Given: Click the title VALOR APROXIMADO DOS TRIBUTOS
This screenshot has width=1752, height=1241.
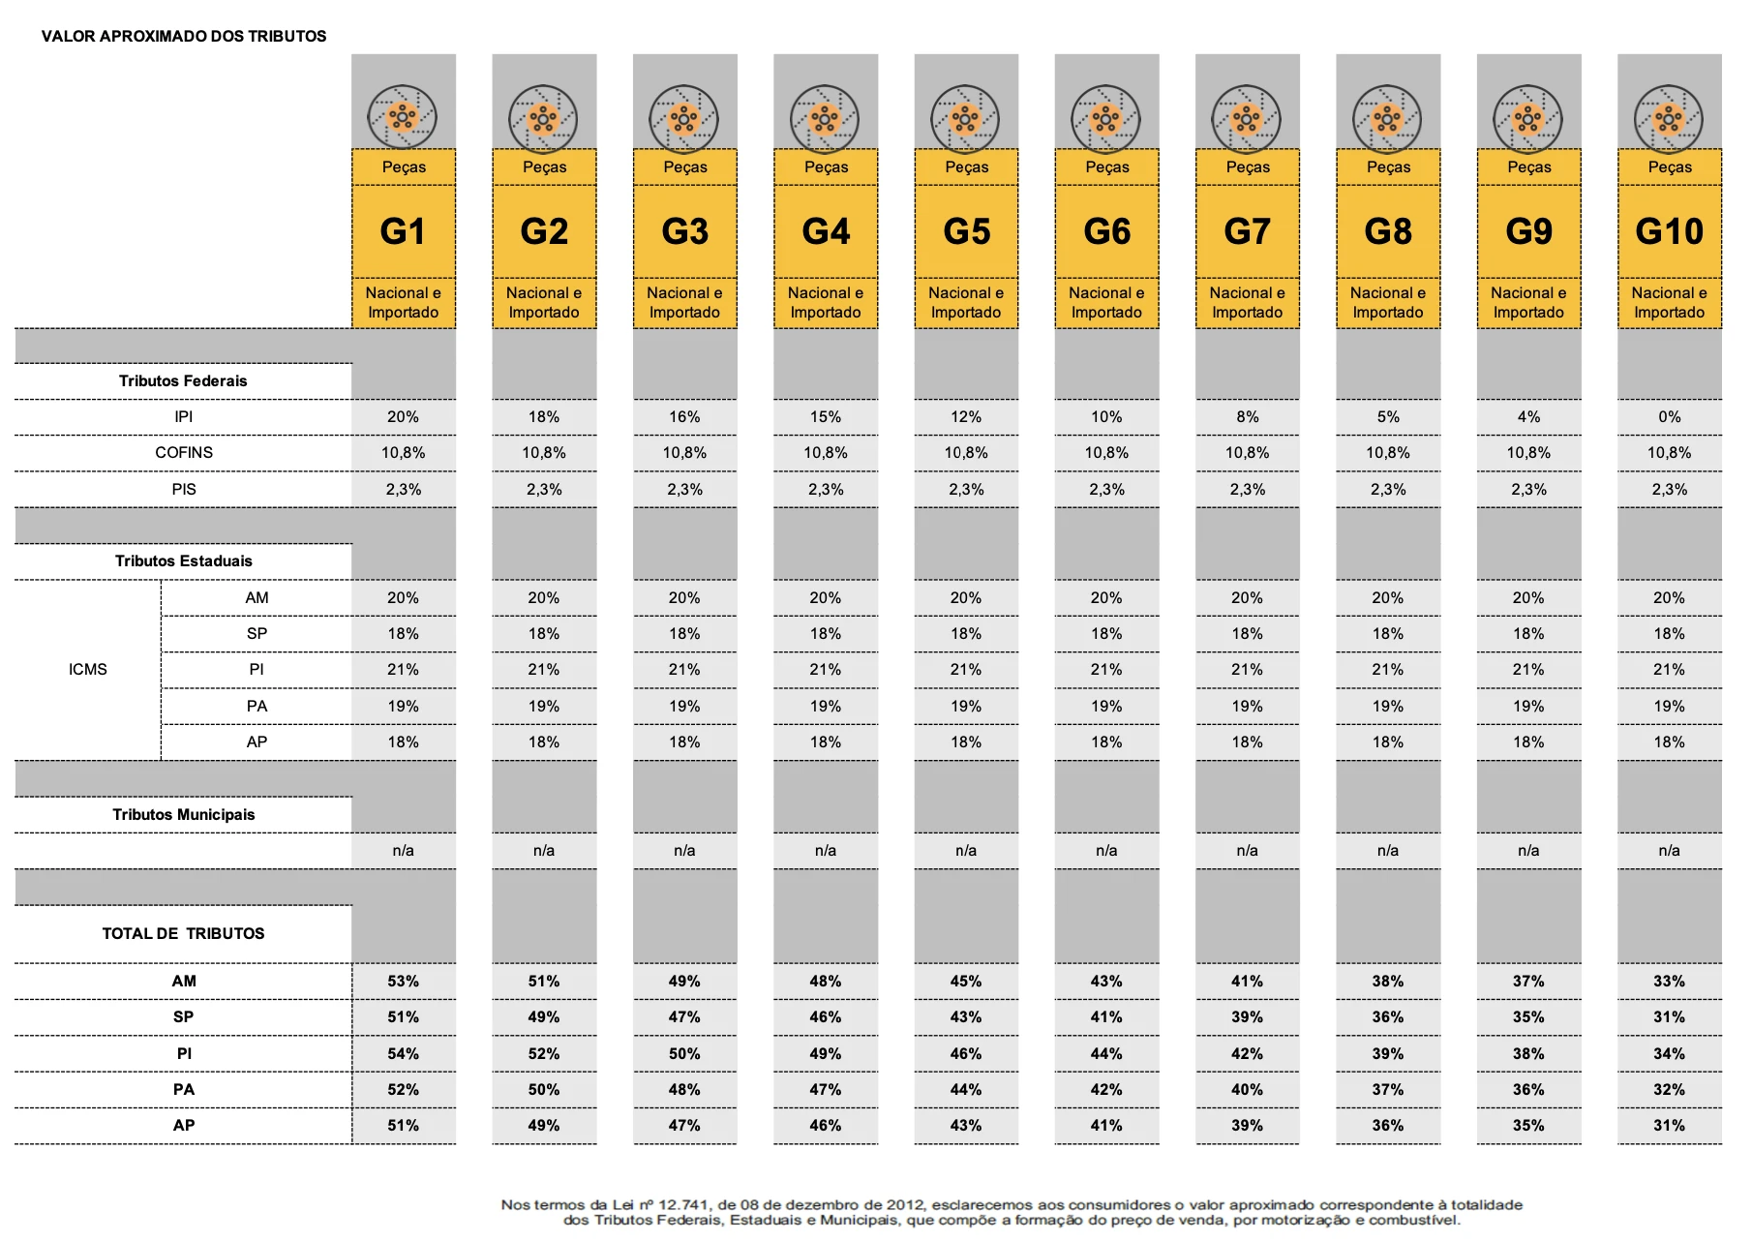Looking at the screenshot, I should (184, 37).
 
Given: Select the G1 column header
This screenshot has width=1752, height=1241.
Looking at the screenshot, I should (403, 231).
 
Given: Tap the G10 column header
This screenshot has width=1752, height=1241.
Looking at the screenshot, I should (1669, 231).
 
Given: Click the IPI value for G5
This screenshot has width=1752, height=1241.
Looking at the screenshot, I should (965, 417).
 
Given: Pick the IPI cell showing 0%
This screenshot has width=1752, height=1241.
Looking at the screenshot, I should (1669, 417).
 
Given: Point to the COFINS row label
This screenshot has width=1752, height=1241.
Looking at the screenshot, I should (184, 453).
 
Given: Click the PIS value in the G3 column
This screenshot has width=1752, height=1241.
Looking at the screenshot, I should (684, 490).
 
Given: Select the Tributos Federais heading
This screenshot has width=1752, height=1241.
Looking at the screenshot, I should (183, 381).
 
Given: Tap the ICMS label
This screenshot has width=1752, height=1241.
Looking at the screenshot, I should (88, 670).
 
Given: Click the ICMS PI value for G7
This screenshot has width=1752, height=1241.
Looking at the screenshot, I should (1247, 670).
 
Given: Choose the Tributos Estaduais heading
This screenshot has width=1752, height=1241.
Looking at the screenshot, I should (183, 561).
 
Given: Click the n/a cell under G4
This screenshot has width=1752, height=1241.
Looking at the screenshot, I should (825, 851).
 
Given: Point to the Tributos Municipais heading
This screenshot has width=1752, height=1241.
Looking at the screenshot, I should (183, 815).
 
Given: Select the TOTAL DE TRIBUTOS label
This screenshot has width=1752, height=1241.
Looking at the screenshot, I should (183, 934).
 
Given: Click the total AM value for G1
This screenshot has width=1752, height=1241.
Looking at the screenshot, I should (403, 982).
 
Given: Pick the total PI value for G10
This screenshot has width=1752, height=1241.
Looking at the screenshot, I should (1669, 1054).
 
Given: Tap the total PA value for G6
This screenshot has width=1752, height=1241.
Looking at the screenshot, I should (1106, 1090).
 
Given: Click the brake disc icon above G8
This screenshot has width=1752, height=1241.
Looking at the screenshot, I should (1387, 119).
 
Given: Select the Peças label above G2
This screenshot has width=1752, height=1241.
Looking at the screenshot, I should (544, 167).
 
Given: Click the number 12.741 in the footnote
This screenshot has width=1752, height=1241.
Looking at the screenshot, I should (683, 1205).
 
